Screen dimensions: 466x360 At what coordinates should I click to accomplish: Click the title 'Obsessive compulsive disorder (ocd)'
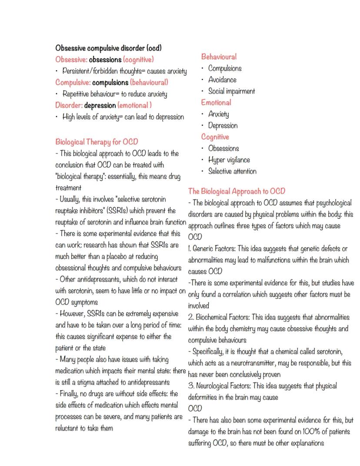(109, 47)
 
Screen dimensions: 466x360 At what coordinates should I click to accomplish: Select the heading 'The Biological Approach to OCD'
(237, 191)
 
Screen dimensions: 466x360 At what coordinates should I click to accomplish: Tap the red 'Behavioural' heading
(219, 57)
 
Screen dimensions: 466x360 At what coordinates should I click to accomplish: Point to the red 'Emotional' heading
(216, 103)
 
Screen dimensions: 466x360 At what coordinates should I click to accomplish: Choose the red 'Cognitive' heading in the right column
(215, 137)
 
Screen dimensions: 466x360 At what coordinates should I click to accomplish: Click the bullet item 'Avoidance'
(223, 80)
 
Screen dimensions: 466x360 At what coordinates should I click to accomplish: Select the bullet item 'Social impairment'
(232, 91)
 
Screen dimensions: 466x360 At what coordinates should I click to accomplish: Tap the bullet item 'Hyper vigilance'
(229, 160)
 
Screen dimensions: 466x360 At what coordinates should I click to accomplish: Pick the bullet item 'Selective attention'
(232, 171)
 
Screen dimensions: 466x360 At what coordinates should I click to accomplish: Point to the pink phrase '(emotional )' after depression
(135, 105)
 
